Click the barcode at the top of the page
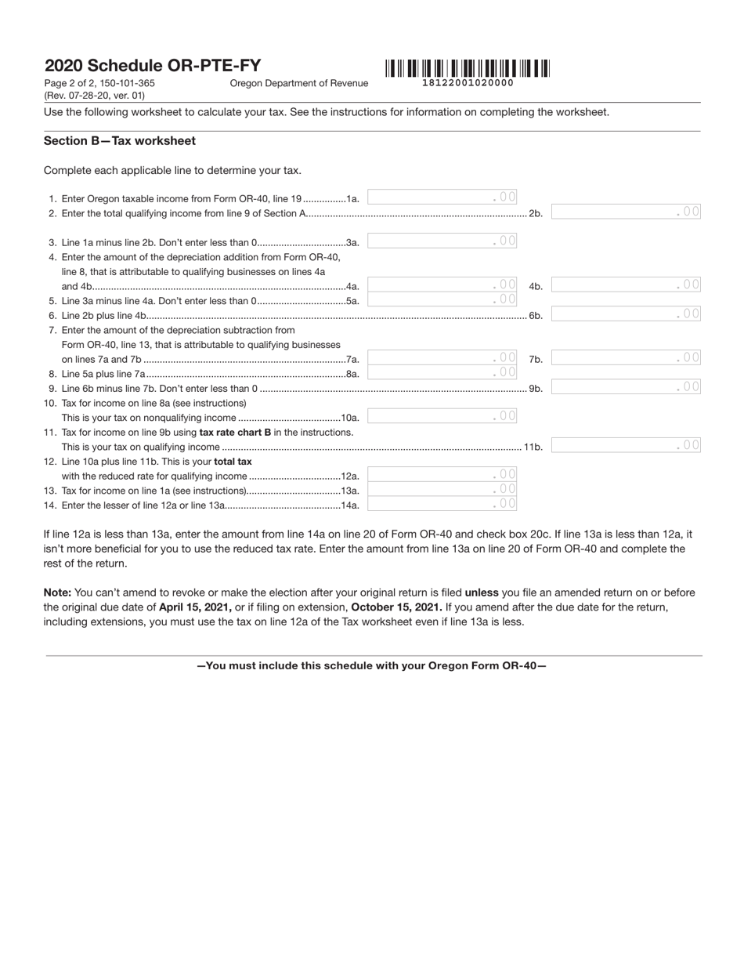[468, 68]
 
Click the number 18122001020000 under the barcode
[468, 83]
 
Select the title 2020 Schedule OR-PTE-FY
[153, 66]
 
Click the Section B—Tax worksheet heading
[120, 141]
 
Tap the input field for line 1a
[442, 198]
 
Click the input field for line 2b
[627, 212]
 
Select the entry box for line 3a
[442, 241]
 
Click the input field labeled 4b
[627, 285]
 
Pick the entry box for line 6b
[627, 314]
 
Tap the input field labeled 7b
[627, 358]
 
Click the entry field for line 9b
[627, 387]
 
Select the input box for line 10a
[442, 416]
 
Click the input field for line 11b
[627, 446]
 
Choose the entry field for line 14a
[442, 504]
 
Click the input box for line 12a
[442, 475]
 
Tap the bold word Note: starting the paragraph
[57, 593]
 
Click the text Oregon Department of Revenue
[298, 83]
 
